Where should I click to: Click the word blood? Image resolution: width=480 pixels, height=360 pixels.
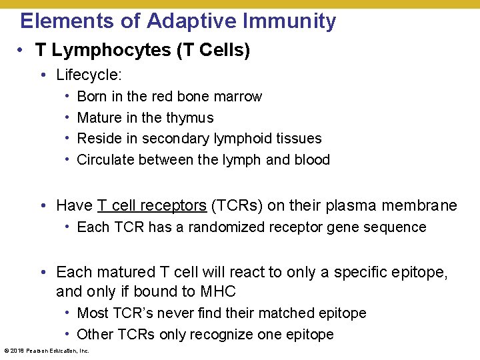[x=312, y=160]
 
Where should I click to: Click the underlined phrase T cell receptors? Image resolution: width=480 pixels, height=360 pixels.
[x=151, y=205]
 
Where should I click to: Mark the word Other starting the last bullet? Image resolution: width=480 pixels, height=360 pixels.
[x=94, y=335]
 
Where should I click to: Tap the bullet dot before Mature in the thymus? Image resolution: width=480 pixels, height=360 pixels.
[x=69, y=118]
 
